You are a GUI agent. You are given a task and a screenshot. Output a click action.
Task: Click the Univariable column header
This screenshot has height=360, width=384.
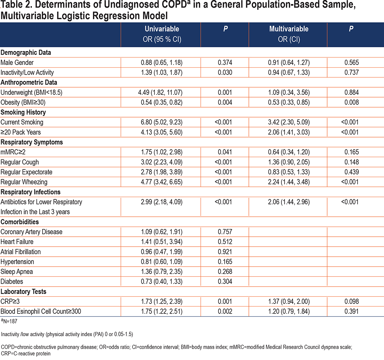click(162, 34)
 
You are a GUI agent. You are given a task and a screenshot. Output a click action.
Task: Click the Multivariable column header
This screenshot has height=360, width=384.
click(289, 34)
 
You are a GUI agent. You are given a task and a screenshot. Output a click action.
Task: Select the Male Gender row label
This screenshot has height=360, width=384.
click(17, 63)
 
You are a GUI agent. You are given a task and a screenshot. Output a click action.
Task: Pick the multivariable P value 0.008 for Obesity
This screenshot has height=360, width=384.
click(351, 102)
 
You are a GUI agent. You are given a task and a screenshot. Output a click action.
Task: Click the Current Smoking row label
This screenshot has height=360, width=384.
click(22, 122)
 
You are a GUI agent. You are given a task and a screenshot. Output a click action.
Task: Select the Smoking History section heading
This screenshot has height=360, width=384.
click(23, 112)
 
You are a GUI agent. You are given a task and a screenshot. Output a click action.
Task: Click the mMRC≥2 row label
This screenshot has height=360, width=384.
click(13, 152)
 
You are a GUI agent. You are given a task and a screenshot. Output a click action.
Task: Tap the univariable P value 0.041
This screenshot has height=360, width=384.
click(225, 152)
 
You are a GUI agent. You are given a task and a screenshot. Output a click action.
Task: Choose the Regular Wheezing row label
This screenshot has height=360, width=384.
click(24, 182)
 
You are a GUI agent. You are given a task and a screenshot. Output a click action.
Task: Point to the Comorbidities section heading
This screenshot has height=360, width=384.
click(20, 222)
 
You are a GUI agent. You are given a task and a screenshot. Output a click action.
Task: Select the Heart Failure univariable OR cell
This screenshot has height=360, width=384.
click(162, 242)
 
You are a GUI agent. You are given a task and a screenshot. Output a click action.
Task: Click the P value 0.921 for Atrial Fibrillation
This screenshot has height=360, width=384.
click(225, 252)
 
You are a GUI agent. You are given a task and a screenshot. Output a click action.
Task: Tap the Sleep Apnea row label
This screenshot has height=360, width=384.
click(17, 272)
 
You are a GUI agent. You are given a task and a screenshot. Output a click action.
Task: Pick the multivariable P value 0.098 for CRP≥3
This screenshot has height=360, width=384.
click(351, 302)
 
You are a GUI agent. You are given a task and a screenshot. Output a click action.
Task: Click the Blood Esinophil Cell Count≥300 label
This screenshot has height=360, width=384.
click(41, 312)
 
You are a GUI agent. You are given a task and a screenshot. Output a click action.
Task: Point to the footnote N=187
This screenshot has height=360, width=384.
click(9, 321)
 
